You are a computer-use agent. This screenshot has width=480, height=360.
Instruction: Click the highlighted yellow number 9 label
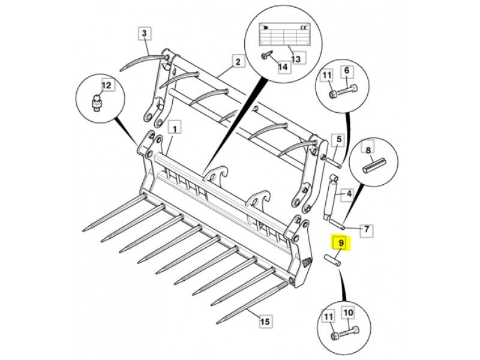coord(340,243)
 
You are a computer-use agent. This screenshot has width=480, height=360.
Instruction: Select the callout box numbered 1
coord(175,128)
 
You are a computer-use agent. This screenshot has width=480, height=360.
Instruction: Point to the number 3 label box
coord(145,34)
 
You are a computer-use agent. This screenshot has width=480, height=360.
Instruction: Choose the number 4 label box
coord(347,194)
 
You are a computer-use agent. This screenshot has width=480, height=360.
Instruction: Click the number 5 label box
coord(339,140)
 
